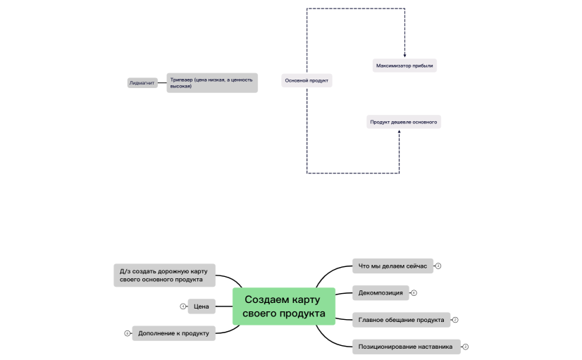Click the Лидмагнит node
tap(142, 83)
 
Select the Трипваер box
tap(212, 82)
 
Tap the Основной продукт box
tap(307, 80)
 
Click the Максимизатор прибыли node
tap(404, 66)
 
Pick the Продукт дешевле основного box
tap(404, 122)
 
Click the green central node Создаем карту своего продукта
tap(284, 306)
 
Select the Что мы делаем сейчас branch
tap(392, 266)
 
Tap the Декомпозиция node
tap(380, 293)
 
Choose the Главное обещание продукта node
tap(401, 320)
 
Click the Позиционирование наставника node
tap(407, 347)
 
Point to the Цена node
tap(202, 306)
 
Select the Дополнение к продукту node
tap(174, 333)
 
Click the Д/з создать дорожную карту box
tap(164, 275)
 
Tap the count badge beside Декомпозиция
tap(414, 293)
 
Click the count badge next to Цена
tap(183, 306)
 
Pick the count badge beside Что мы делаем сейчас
tap(438, 266)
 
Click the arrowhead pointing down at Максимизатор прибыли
tap(404, 55)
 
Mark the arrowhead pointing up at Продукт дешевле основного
tap(400, 132)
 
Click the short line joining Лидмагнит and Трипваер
tap(162, 82)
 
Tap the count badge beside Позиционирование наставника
tap(466, 347)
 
